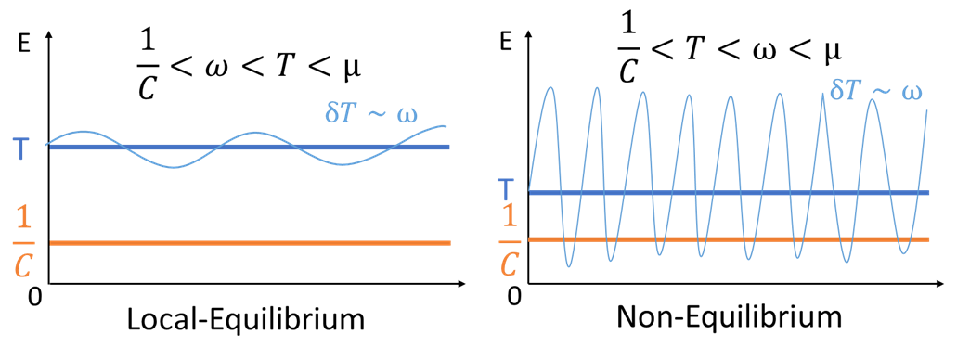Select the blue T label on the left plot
click(20, 148)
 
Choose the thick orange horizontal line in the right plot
click(743, 239)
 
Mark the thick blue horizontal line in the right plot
click(743, 192)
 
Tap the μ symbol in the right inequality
click(833, 51)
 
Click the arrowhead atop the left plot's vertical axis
click(48, 35)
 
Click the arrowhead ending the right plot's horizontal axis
click(938, 284)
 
